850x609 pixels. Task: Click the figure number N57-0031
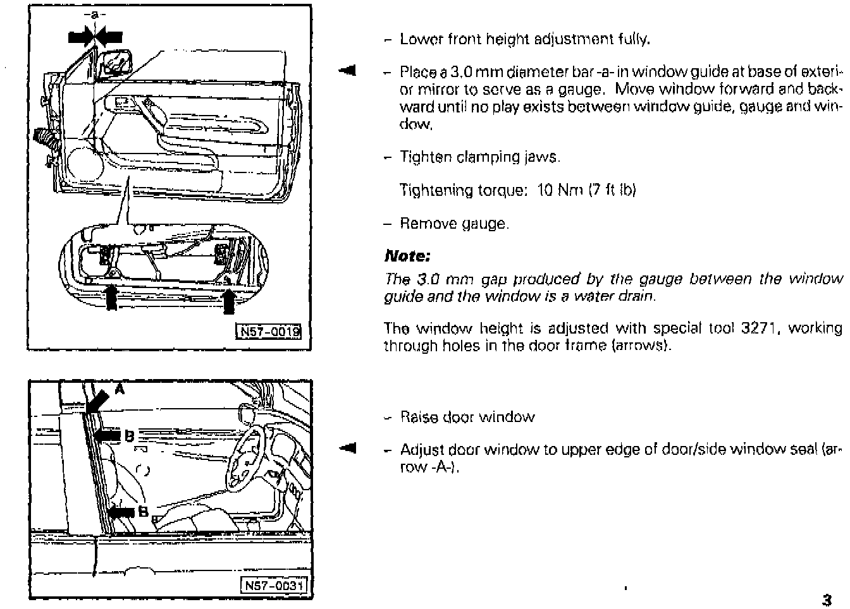[x=274, y=586]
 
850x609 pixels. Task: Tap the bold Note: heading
[x=407, y=256]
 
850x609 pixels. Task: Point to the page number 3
[x=826, y=599]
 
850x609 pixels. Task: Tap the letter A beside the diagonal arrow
[x=119, y=390]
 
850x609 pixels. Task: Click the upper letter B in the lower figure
[x=128, y=435]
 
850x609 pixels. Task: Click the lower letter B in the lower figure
[x=142, y=512]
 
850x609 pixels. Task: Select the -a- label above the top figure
[x=95, y=13]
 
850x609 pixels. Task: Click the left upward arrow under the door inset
[x=111, y=298]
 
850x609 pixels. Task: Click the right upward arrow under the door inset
[x=230, y=299]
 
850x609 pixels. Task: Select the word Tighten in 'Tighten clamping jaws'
[x=424, y=157]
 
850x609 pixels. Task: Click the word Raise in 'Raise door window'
[x=419, y=417]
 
